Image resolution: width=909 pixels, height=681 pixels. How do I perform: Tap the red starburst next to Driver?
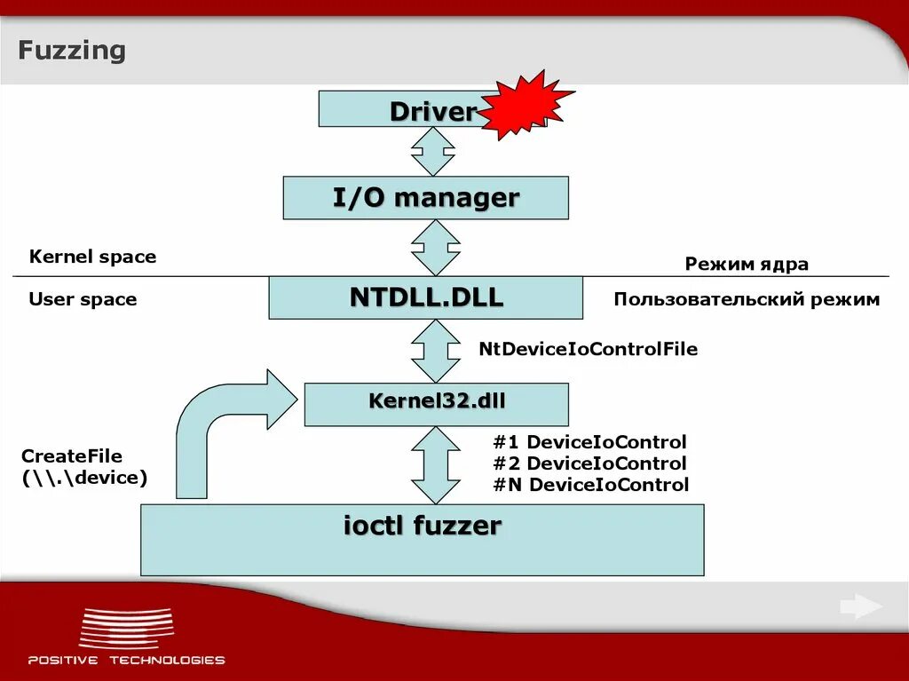click(x=525, y=106)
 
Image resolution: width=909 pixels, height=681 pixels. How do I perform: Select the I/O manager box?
click(x=425, y=197)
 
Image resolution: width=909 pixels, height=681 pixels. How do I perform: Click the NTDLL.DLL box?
click(x=425, y=297)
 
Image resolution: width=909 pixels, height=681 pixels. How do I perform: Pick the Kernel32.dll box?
click(x=436, y=404)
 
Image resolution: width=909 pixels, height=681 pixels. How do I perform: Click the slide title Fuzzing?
click(x=72, y=51)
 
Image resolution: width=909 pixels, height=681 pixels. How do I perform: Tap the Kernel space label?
click(x=92, y=257)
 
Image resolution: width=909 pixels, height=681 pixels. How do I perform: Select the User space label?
click(x=83, y=299)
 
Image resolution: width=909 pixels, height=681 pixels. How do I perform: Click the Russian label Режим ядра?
click(x=746, y=264)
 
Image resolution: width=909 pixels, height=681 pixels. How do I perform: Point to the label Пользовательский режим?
click(x=746, y=299)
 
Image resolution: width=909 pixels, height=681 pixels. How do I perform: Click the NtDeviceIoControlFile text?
click(x=588, y=349)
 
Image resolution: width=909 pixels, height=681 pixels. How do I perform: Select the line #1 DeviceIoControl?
click(x=589, y=442)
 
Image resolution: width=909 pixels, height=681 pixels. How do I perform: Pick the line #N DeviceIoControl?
click(x=590, y=485)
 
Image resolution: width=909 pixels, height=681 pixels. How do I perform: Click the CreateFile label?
click(x=72, y=456)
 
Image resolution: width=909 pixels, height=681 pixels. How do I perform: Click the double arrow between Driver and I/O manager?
click(x=433, y=152)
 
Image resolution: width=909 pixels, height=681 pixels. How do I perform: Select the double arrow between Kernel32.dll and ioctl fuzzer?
click(x=435, y=464)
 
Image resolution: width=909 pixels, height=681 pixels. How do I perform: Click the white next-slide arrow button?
click(x=860, y=607)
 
